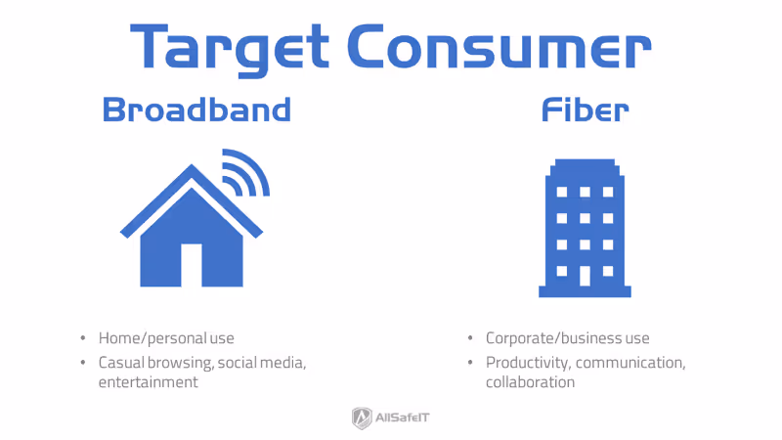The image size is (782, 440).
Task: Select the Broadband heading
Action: click(x=196, y=110)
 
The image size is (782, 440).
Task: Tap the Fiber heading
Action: click(x=586, y=110)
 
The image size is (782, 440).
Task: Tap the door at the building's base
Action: click(x=584, y=275)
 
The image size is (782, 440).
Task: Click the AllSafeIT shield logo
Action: click(x=362, y=418)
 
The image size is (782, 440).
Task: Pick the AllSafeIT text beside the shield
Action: click(x=404, y=418)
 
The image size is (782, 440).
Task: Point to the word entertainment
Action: click(x=148, y=381)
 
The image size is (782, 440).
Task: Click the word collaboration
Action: click(x=530, y=381)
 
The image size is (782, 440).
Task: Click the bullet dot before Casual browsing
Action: click(x=82, y=362)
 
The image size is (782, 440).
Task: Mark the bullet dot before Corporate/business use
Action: click(x=470, y=338)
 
